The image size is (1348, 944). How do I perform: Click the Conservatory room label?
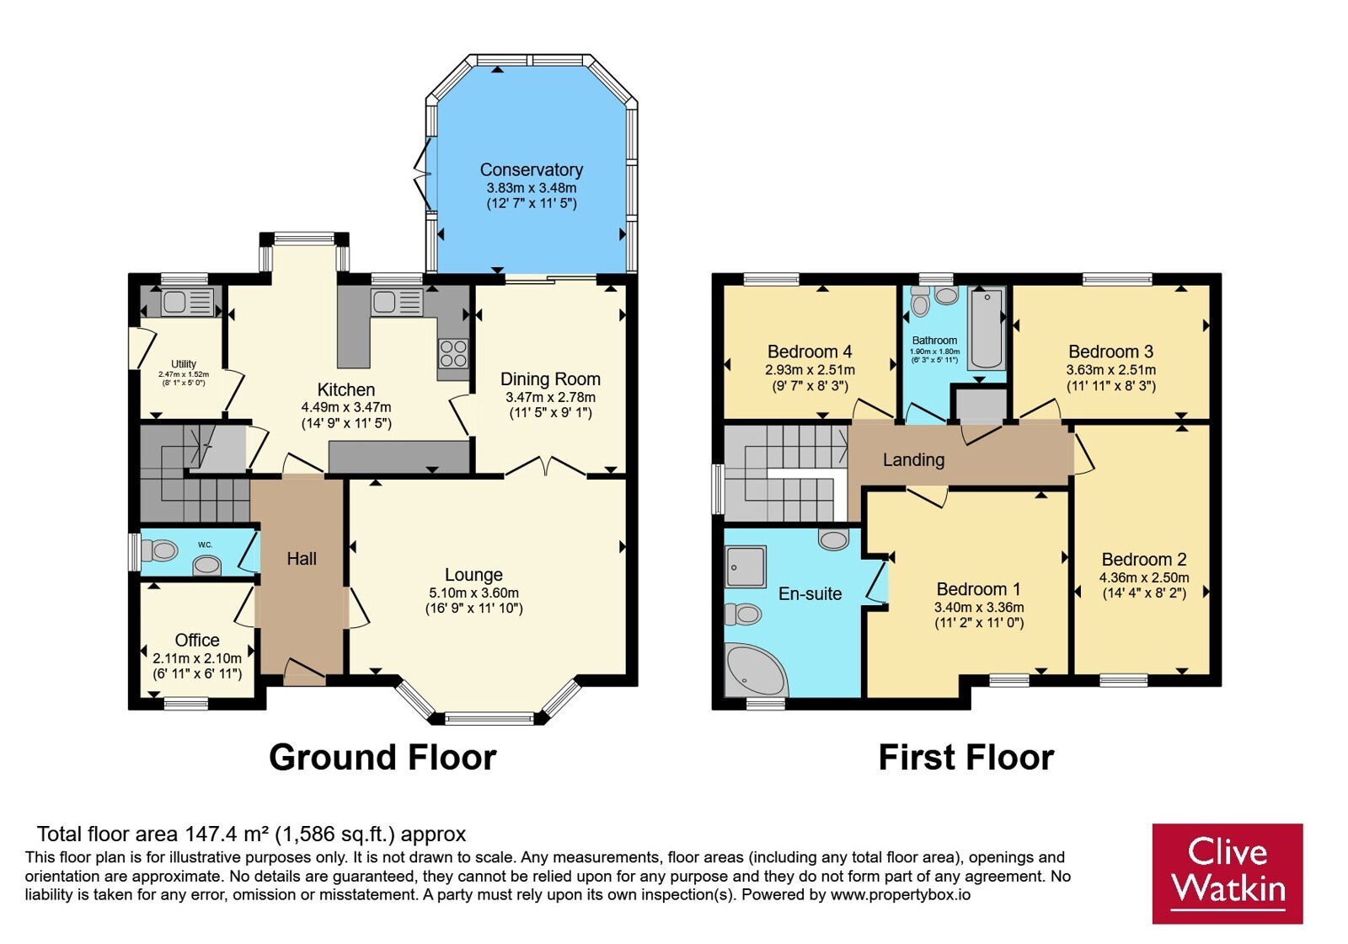pos(532,169)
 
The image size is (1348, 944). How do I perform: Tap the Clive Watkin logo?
pos(1228,873)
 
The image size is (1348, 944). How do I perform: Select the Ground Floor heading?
pos(382,757)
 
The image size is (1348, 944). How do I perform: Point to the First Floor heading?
pos(966,757)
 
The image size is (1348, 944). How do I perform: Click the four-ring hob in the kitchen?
pos(453,353)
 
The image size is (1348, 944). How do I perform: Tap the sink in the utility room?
pos(186,302)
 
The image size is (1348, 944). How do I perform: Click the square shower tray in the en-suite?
pos(746,566)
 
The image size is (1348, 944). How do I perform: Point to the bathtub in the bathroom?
pos(987,328)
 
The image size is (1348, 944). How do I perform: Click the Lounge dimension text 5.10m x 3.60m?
pos(474,593)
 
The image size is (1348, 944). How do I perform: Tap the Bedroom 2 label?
pos(1144,560)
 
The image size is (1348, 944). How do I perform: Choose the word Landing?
pos(913,460)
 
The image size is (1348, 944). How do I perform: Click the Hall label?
pos(302,559)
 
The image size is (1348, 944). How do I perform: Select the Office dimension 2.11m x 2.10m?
pos(197,658)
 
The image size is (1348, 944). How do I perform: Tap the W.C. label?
pos(205,544)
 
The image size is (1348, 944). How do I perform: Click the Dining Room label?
pos(551,379)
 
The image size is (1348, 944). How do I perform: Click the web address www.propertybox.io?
pos(901,894)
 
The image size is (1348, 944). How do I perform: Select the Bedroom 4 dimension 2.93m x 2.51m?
pos(810,370)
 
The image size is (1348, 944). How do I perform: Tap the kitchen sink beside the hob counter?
pos(397,303)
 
